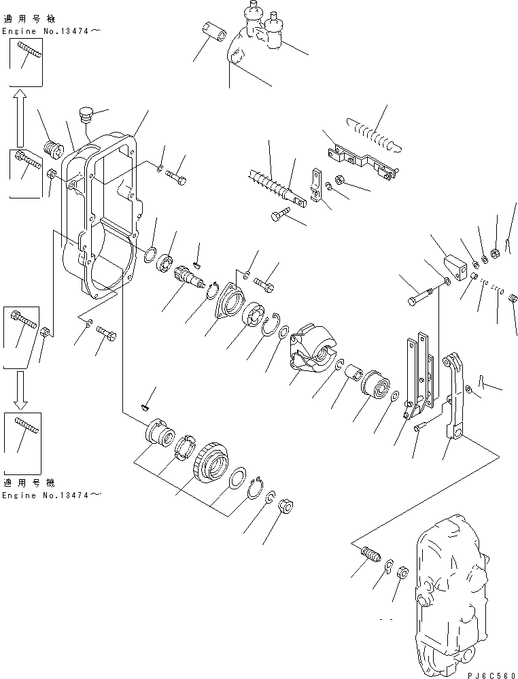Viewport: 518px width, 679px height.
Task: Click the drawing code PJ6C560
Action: coord(492,675)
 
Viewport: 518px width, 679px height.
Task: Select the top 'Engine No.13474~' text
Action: coord(52,31)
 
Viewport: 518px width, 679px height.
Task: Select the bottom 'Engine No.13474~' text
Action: coord(52,495)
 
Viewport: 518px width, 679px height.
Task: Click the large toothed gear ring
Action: coord(210,461)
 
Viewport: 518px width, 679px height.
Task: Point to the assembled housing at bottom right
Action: coord(452,597)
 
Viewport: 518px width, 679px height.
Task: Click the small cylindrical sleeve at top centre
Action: coord(214,32)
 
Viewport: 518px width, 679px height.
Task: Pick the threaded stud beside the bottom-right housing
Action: coord(370,555)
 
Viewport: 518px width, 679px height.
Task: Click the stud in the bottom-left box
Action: coord(27,425)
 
